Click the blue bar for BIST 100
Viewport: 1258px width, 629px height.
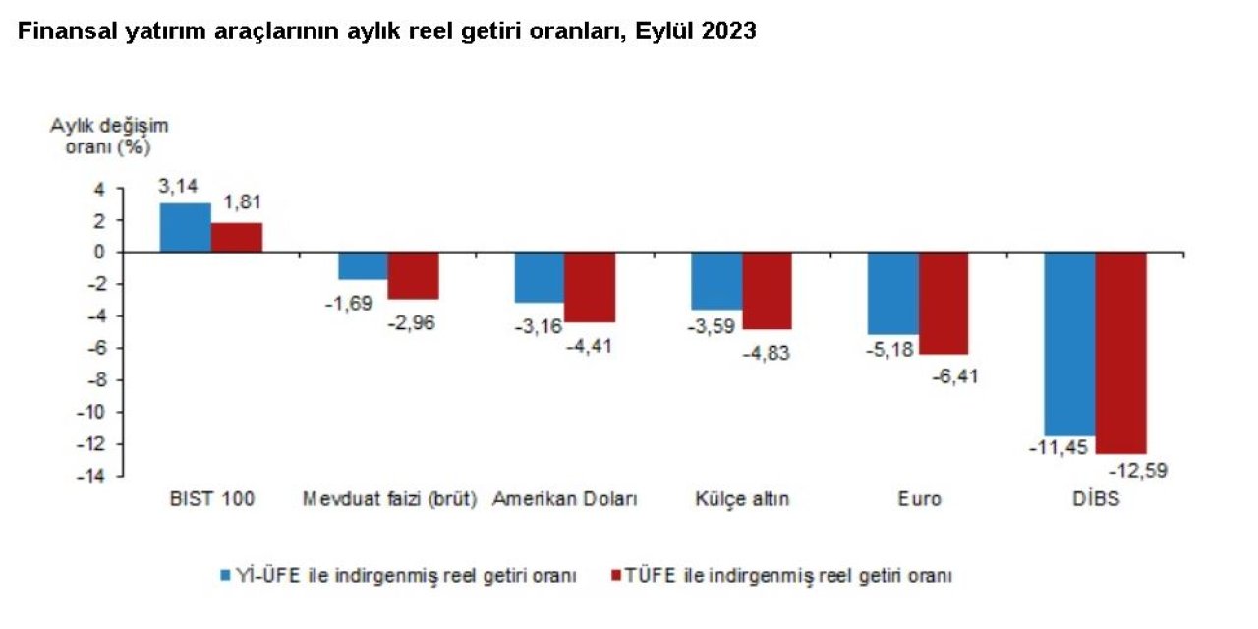pos(185,228)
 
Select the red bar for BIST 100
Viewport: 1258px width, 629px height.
pos(237,238)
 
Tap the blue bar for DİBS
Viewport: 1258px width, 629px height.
pos(1069,343)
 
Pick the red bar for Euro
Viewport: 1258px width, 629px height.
pos(943,303)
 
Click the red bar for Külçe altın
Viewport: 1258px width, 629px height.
pos(767,290)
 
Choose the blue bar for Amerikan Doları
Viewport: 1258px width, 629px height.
pos(539,277)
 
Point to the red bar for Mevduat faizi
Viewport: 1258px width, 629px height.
pos(413,275)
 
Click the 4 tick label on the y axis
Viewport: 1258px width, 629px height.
pos(98,189)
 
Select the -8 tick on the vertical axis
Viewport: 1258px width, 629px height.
pos(95,379)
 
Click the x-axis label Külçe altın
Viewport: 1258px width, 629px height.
pos(742,499)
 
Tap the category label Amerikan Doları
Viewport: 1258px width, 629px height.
pos(565,499)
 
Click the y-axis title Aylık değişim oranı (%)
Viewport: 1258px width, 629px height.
pos(110,137)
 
